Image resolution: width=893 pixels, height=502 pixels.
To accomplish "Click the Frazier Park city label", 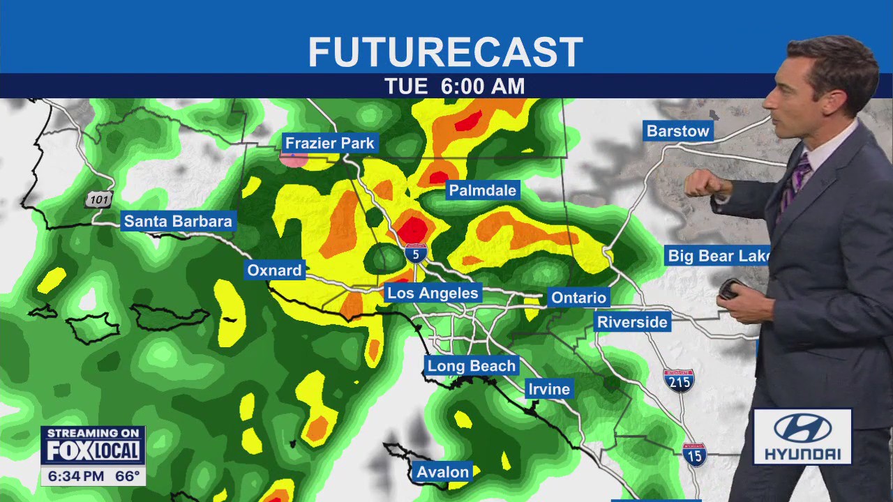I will point(330,144).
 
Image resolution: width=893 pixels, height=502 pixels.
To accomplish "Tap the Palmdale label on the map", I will point(482,190).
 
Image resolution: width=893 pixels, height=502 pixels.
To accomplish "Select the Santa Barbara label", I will point(178,222).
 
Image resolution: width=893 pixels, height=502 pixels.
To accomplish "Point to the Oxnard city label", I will point(274,271).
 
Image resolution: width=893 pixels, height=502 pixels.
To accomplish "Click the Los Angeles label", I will point(433,293).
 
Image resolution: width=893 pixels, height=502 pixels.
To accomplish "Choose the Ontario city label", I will point(578,298).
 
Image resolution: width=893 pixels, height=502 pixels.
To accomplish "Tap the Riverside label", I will point(633,322).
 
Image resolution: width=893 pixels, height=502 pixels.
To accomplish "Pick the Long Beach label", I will point(472,366).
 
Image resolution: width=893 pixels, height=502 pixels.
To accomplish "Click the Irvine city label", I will point(549,389).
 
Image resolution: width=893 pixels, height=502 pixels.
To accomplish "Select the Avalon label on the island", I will point(442,472).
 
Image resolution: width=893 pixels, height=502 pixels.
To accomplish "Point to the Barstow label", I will point(677,131).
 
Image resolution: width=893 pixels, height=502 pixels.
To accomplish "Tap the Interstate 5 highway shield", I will point(416,253).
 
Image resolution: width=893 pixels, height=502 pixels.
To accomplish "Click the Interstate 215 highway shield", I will point(678,380).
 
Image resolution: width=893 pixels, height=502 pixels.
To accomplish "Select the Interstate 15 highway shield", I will point(694,454).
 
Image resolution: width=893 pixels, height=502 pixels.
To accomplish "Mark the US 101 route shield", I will point(99,199).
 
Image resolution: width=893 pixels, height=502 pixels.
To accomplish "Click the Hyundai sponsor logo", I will point(802,437).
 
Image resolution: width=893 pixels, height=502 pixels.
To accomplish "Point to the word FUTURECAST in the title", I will point(445,52).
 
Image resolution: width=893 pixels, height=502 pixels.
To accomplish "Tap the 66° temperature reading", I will point(127,477).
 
